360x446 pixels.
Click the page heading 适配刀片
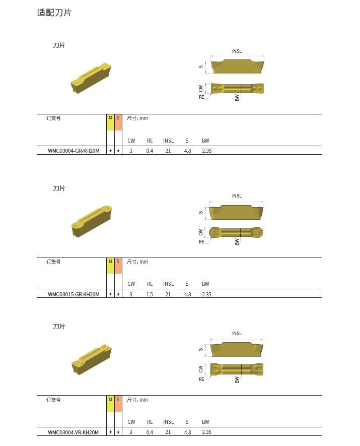pyautogui.click(x=54, y=13)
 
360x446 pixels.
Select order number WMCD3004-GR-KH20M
pyautogui.click(x=74, y=151)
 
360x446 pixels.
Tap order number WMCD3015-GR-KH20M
pyautogui.click(x=74, y=294)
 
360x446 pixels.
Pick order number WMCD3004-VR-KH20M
pyautogui.click(x=74, y=432)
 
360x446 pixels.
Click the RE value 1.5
pyautogui.click(x=150, y=294)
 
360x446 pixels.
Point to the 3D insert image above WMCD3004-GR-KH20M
pyautogui.click(x=91, y=78)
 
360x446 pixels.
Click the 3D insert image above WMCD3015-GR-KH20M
pyautogui.click(x=92, y=221)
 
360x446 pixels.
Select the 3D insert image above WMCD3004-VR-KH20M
pyautogui.click(x=92, y=359)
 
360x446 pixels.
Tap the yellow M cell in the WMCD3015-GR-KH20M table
pyautogui.click(x=111, y=266)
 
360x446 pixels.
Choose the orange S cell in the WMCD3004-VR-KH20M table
pyautogui.click(x=118, y=404)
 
